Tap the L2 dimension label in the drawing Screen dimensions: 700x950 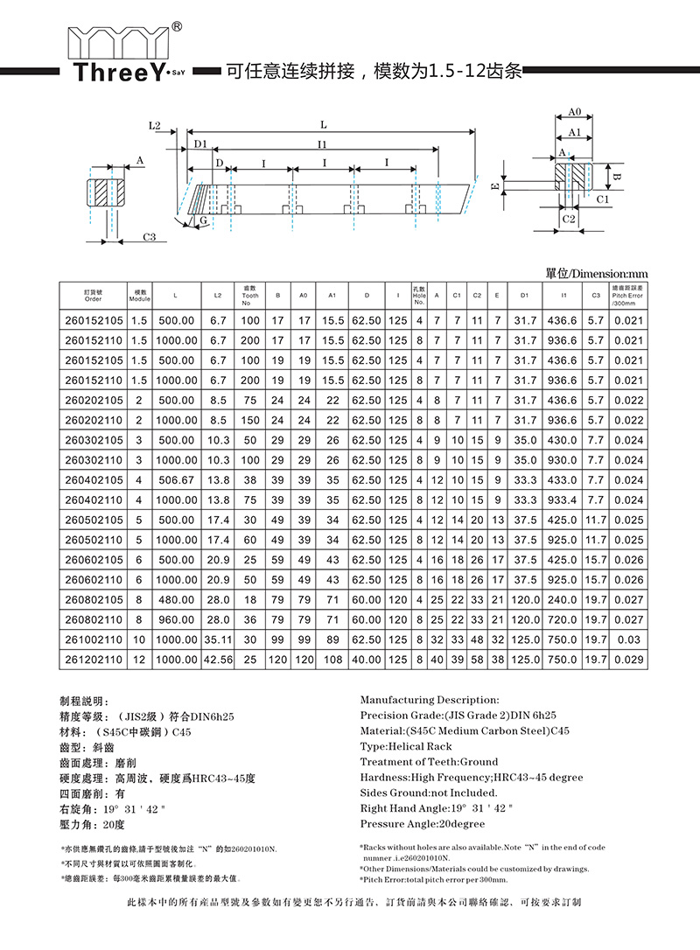coord(155,126)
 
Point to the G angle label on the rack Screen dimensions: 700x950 coord(203,221)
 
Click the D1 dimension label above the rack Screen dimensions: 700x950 coord(200,143)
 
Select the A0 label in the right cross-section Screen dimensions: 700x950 coord(575,113)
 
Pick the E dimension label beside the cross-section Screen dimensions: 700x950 coord(495,187)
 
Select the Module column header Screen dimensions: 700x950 coord(140,296)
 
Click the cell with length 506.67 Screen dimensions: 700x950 coord(178,480)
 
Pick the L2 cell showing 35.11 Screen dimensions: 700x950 coord(219,639)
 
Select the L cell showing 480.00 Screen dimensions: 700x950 coord(178,599)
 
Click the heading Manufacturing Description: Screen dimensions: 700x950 coord(430,700)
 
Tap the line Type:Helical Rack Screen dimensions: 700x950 coord(406,746)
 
